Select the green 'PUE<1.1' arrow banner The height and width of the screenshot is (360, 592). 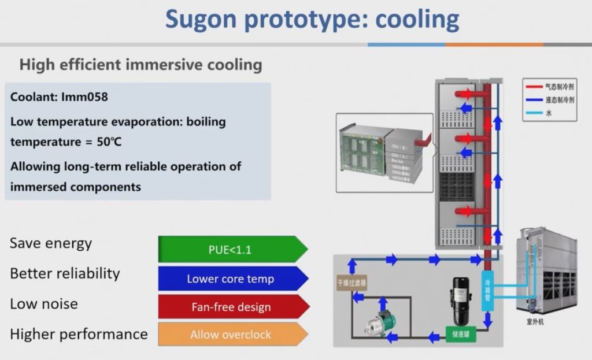tap(230, 250)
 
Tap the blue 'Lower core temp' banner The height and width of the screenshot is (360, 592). tap(230, 279)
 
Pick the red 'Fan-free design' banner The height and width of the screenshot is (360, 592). tap(231, 307)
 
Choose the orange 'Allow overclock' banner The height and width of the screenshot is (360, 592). tap(230, 335)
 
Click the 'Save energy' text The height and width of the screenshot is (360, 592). tap(51, 243)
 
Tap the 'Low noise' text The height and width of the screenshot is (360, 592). tap(44, 304)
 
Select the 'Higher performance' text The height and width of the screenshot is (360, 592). tap(79, 334)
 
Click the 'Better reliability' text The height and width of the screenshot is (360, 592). tap(65, 273)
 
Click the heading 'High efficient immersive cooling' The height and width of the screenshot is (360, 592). tap(140, 64)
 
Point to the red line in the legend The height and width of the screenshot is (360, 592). tap(532, 87)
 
